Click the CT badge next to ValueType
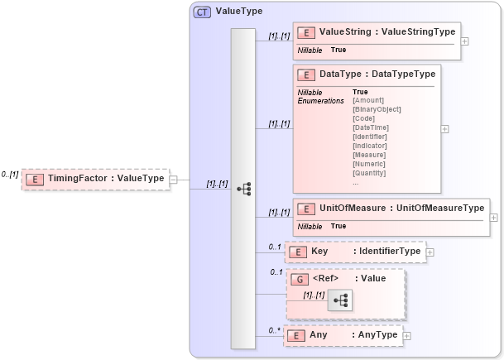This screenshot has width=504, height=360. pos(202,12)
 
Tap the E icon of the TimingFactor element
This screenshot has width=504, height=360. pos(36,179)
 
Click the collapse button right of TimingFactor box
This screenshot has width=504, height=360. pos(174,179)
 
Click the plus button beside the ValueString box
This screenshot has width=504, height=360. pos(465,41)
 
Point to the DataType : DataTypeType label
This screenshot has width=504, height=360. pos(377,74)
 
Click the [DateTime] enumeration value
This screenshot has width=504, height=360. pos(370,127)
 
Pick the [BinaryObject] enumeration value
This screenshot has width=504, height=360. pos(377,109)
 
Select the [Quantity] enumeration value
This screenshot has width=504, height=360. pos(369,173)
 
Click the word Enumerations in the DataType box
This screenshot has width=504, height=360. pos(320,101)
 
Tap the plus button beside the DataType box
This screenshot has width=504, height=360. pos(445,129)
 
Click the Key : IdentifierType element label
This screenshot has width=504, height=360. pos(366,251)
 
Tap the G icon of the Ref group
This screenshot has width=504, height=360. pos(300,279)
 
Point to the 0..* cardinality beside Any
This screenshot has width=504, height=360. pos(275,330)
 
